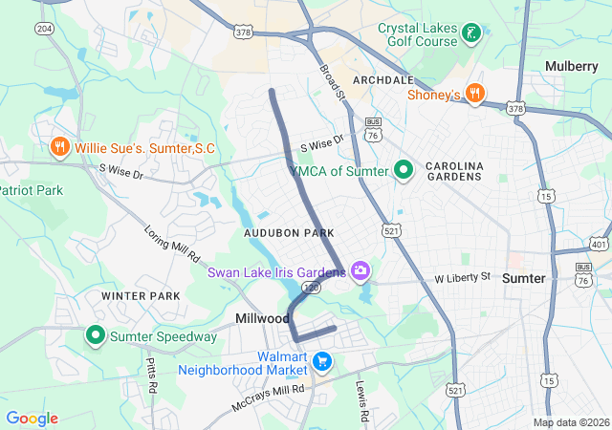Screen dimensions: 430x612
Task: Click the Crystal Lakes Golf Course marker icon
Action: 470,35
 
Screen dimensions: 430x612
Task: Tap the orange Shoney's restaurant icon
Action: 475,94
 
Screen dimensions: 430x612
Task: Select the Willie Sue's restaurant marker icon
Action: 59,148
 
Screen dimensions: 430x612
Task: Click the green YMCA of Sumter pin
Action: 404,171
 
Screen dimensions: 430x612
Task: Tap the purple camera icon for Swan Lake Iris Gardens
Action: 361,272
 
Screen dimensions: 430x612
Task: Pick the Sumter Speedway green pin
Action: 96,336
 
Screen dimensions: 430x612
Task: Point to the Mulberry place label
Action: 571,65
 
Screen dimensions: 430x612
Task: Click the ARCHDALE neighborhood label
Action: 383,79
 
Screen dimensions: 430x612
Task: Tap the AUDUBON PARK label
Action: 289,233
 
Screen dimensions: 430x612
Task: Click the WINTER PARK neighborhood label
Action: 141,296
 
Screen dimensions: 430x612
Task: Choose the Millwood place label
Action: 262,317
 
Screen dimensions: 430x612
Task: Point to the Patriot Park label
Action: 31,190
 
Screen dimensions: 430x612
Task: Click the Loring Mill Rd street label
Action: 172,245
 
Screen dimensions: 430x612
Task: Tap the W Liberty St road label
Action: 462,277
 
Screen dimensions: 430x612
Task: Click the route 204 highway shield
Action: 44,30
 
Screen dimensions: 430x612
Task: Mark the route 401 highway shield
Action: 600,244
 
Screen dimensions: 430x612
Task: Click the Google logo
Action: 32,419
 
